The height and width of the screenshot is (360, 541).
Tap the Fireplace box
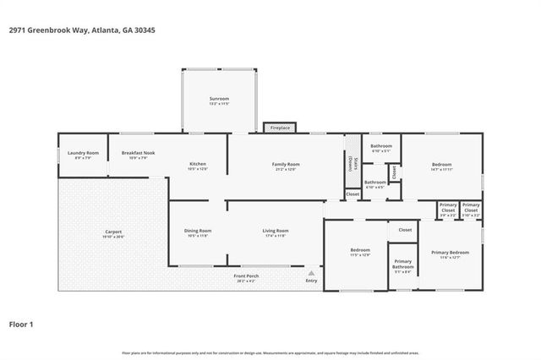pos(280,128)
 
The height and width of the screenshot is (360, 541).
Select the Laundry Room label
pos(83,155)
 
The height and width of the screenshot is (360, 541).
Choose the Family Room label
pos(285,166)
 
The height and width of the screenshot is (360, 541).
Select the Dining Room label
pos(197,232)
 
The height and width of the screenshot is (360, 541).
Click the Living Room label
pos(276,232)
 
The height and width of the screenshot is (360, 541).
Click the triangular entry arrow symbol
pos(311,273)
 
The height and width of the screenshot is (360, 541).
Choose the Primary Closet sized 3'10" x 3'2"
pos(471,208)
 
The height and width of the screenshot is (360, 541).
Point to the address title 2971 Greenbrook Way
pos(81,30)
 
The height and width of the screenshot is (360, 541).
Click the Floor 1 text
pos(21,324)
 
